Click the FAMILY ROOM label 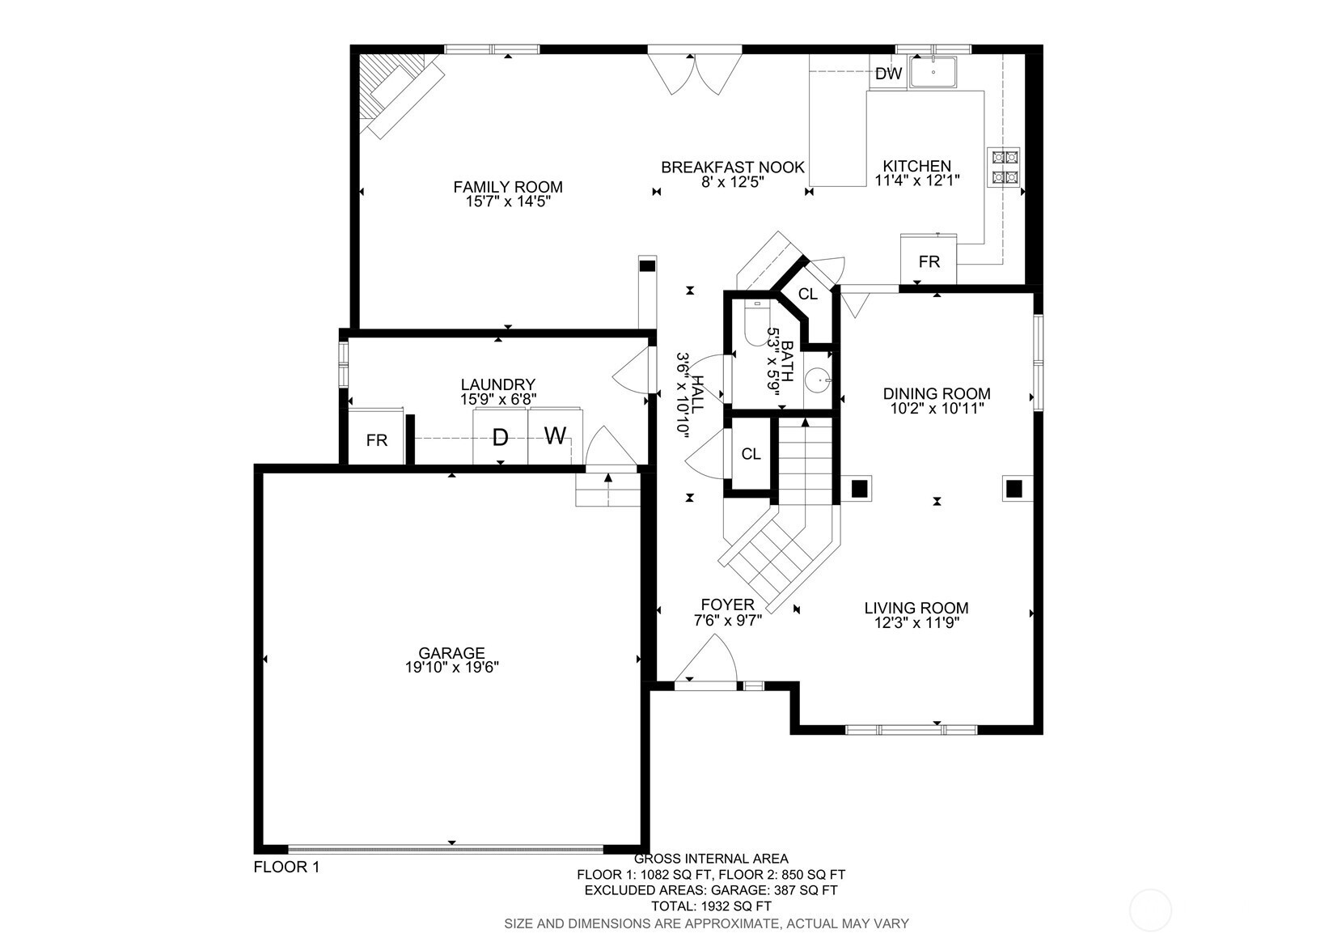point(508,187)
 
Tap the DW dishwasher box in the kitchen point(888,73)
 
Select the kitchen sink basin point(933,72)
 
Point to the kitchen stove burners point(1003,168)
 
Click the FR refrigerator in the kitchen point(929,260)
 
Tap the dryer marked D point(500,436)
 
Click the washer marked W point(555,436)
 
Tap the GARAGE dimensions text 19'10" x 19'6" point(451,668)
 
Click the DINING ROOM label point(937,393)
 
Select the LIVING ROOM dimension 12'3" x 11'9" point(916,623)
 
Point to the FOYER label point(727,605)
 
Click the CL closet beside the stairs point(751,454)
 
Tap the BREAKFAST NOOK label point(733,168)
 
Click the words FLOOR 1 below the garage point(286,867)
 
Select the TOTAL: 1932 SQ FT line point(711,906)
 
